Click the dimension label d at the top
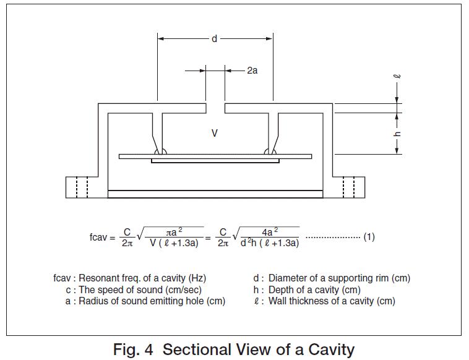(x=215, y=38)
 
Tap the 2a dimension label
(x=252, y=71)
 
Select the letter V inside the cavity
(x=215, y=132)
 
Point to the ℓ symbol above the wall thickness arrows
(x=397, y=77)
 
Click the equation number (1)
(x=369, y=237)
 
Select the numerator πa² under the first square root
(x=175, y=231)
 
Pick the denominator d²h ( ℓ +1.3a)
(x=270, y=243)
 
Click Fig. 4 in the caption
(x=136, y=349)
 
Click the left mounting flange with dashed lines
(x=80, y=186)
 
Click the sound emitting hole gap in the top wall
(x=215, y=108)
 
